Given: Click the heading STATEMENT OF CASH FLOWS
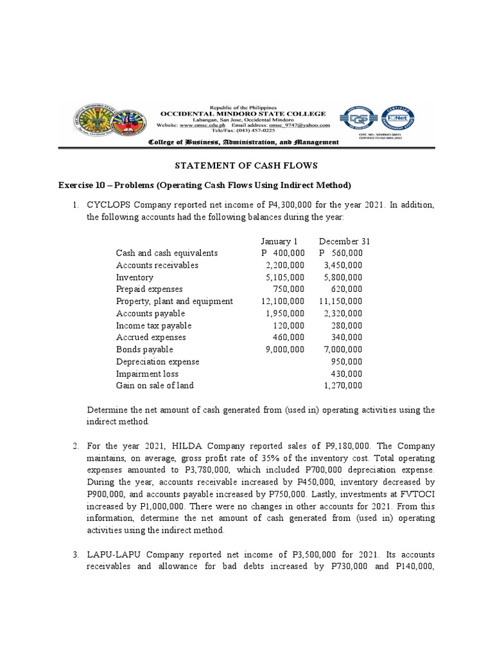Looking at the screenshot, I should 246,166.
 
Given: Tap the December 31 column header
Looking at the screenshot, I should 344,241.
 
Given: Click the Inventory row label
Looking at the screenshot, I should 135,278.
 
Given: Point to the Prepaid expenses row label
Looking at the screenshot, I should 150,289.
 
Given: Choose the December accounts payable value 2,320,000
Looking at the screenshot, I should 343,314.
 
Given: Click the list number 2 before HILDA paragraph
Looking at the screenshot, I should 75,446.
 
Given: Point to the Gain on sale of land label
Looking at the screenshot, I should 155,386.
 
